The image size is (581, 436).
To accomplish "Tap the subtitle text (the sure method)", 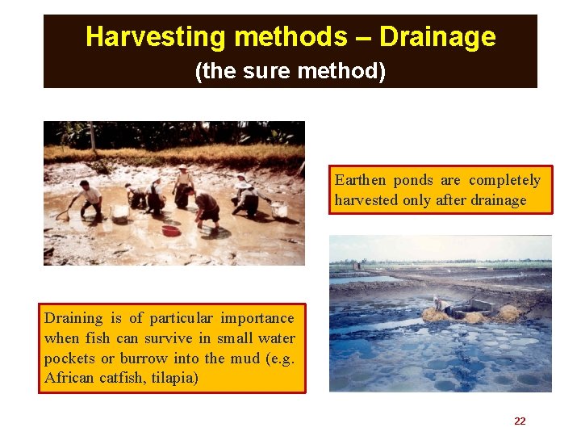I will (x=290, y=72).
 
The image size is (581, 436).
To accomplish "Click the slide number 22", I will (x=520, y=421).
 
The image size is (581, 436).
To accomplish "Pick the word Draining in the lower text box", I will (x=73, y=318).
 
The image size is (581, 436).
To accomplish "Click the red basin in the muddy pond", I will (x=170, y=231).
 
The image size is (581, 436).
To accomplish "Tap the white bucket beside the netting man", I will (x=119, y=213).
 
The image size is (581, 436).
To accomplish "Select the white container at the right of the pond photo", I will (x=279, y=210).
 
